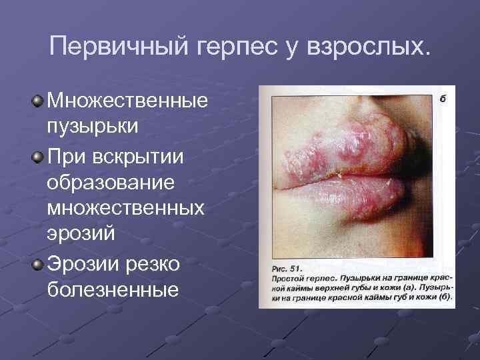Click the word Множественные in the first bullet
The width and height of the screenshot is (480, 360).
point(127,101)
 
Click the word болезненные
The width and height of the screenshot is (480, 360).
point(113,289)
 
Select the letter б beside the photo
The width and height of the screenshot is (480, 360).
point(442,99)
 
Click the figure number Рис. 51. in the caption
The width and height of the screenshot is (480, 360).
point(287,265)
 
